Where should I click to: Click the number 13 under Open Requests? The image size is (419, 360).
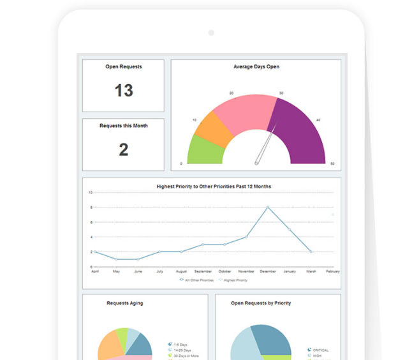pyautogui.click(x=123, y=91)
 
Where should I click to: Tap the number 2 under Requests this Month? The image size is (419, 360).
pyautogui.click(x=123, y=149)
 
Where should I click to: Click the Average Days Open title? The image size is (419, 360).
pyautogui.click(x=256, y=66)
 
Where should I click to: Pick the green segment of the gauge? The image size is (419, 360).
pyautogui.click(x=205, y=152)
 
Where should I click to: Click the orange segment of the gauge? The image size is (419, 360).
pyautogui.click(x=207, y=128)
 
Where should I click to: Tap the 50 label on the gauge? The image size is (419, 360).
pyautogui.click(x=332, y=164)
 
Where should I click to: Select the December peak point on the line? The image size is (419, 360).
pyautogui.click(x=268, y=207)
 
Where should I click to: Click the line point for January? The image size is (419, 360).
pyautogui.click(x=290, y=229)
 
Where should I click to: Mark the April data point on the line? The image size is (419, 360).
pyautogui.click(x=94, y=251)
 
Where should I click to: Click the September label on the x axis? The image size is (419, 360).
pyautogui.click(x=203, y=271)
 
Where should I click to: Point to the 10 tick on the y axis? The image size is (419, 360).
pyautogui.click(x=90, y=192)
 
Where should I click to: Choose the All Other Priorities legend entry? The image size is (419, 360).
pyautogui.click(x=197, y=280)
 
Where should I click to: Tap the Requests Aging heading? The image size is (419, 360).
pyautogui.click(x=125, y=303)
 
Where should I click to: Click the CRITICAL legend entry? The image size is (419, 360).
pyautogui.click(x=318, y=350)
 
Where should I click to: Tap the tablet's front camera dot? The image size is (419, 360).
pyautogui.click(x=211, y=33)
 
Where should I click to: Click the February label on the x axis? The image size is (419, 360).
pyautogui.click(x=332, y=271)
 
